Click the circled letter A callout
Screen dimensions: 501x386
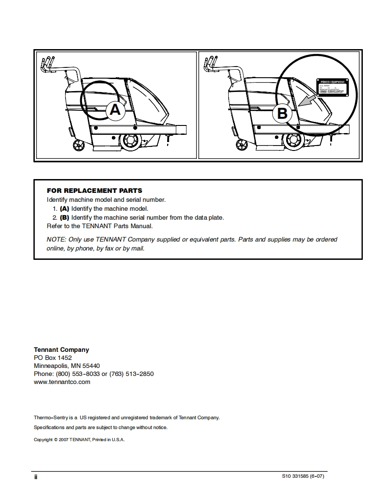coord(115,109)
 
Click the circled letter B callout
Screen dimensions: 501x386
coord(282,113)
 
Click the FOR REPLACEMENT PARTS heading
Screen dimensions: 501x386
coord(94,191)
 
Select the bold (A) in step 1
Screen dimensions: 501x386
coord(64,209)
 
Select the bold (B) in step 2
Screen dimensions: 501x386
coord(64,217)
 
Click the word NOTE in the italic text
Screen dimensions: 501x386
coord(56,239)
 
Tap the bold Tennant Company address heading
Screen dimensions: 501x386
coord(62,350)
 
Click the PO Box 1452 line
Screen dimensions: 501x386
coord(53,358)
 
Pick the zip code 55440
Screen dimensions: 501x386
coord(91,366)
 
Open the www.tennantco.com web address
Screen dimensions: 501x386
coord(62,382)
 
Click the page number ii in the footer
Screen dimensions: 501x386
coord(36,477)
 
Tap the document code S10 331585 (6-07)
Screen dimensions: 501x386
coord(303,476)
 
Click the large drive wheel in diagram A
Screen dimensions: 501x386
coord(131,140)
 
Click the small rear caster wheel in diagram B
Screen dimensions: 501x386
coord(242,144)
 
